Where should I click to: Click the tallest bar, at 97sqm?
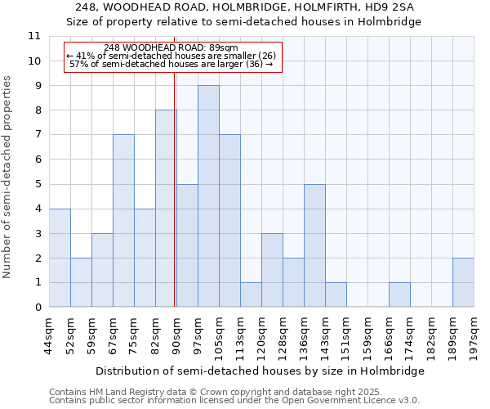208,196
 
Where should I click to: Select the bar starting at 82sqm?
166,209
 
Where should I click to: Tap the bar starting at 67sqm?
123,221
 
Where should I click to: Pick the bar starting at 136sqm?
314,245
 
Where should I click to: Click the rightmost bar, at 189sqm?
463,282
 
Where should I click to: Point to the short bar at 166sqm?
399,294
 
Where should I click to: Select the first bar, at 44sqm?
60,258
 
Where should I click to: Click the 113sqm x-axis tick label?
240,334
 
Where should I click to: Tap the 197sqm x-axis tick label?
474,334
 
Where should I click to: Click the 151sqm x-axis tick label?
346,334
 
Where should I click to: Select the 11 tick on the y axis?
34,36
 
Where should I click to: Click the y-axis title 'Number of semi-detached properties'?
7,177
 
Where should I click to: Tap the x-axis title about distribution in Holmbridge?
260,371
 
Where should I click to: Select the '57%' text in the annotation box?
78,63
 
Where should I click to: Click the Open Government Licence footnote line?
234,401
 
